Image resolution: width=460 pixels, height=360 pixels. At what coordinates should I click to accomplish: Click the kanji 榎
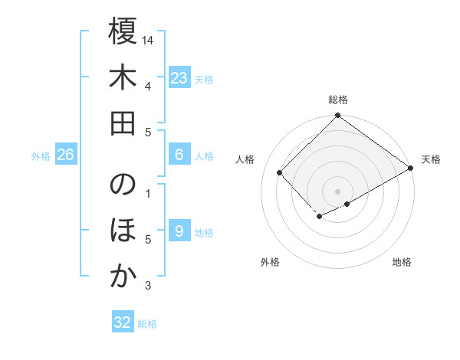point(123,34)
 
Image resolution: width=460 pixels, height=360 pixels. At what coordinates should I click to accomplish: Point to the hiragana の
point(123,186)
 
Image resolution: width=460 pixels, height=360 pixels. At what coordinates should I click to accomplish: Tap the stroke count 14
point(149,40)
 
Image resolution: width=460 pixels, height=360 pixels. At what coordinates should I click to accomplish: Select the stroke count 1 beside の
point(148,192)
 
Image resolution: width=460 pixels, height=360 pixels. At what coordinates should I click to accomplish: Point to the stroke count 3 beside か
point(148,286)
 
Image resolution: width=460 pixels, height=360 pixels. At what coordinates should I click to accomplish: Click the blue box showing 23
point(179,77)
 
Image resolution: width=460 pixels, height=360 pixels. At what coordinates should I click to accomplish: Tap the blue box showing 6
point(179,155)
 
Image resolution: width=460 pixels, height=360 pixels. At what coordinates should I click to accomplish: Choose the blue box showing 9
point(179,231)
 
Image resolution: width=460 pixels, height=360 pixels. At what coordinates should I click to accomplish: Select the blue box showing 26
point(65,155)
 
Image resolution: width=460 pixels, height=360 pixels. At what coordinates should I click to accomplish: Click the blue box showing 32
point(123,322)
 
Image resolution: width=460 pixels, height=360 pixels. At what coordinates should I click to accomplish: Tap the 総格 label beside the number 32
point(147,324)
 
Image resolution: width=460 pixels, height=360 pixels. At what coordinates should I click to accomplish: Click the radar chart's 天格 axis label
point(431,159)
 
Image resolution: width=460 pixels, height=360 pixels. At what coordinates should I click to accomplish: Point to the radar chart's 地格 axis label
point(402,262)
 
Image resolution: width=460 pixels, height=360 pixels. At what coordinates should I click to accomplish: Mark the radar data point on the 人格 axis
point(280,172)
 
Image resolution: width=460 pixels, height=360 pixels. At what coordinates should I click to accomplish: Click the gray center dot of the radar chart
point(337,190)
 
